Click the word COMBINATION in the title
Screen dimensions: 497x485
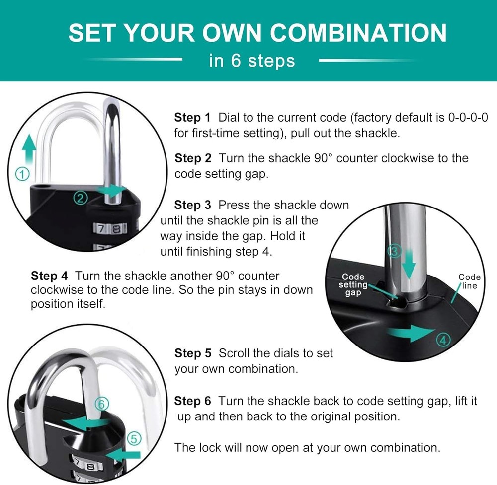point(358,33)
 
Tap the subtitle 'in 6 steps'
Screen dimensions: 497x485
point(252,60)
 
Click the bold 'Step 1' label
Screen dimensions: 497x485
point(192,118)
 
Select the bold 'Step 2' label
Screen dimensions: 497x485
point(193,158)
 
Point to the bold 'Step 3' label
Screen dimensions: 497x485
point(192,205)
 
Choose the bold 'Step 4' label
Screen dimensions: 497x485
point(49,276)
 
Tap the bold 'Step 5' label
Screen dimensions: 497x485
point(193,353)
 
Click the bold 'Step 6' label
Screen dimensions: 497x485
point(192,401)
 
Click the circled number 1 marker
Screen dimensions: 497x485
point(22,174)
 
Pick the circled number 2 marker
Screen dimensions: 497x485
point(80,198)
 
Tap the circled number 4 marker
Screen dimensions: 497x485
point(443,340)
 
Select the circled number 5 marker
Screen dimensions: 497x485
point(134,439)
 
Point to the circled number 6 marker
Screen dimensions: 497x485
point(102,404)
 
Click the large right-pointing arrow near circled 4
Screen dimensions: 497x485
point(411,334)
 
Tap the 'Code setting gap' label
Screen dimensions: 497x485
point(353,284)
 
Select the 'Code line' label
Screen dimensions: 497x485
point(470,281)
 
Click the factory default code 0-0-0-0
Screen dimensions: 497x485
point(468,118)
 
